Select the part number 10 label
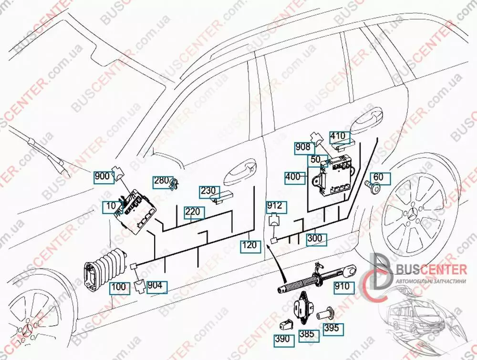click(111, 207)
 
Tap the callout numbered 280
click(161, 181)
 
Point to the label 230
click(208, 191)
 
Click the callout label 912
click(274, 206)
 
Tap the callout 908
click(302, 147)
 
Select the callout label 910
click(342, 287)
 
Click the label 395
click(331, 328)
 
